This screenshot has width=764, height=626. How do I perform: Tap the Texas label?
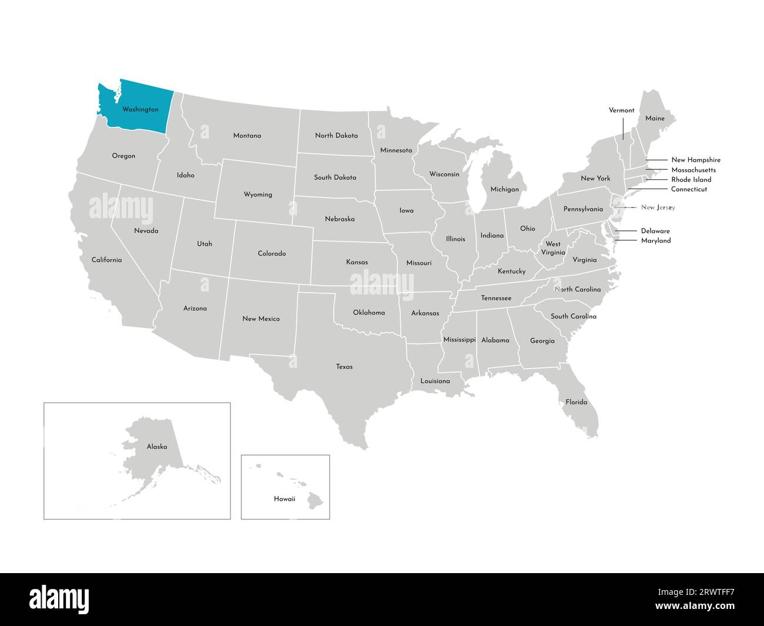(344, 367)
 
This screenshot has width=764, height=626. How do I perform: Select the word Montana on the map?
(247, 136)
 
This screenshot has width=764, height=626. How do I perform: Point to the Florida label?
(576, 402)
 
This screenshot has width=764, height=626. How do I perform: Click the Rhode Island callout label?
(691, 180)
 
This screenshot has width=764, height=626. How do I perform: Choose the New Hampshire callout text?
(695, 160)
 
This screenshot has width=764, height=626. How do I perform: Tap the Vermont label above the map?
(621, 111)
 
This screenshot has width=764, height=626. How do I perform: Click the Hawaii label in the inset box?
(284, 499)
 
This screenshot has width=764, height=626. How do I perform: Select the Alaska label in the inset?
(157, 447)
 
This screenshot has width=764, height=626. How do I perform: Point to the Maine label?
(655, 119)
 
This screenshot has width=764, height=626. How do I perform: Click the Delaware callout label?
(655, 231)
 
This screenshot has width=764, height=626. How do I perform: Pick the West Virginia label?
(553, 248)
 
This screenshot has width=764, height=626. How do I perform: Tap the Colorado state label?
(272, 254)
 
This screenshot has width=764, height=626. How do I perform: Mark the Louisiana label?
(435, 381)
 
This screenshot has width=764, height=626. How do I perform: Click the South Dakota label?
(335, 178)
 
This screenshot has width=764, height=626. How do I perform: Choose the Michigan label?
(504, 189)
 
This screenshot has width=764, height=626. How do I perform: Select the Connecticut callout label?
(689, 189)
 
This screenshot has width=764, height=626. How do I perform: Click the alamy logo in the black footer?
(59, 600)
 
